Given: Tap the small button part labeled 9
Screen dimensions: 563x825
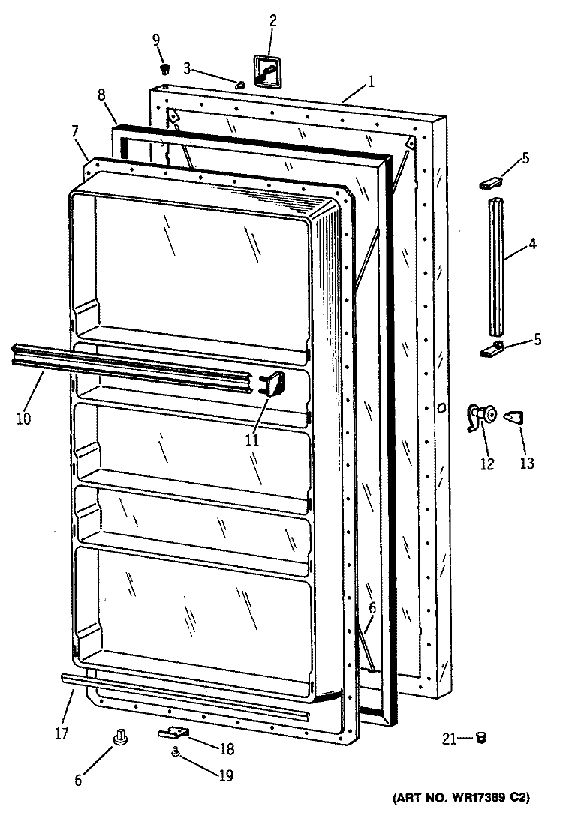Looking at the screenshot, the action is (x=166, y=67).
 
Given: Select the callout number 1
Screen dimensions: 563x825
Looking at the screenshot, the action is (x=372, y=82).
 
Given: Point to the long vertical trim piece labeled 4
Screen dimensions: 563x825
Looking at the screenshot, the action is (x=495, y=266).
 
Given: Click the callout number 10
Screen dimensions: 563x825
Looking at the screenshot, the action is (x=23, y=418).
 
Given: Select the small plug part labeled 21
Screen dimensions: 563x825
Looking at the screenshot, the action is (x=480, y=738).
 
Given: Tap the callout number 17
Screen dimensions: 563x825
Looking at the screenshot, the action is (x=62, y=733).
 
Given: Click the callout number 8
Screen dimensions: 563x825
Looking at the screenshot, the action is (x=101, y=95).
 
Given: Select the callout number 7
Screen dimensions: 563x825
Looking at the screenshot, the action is (x=74, y=130).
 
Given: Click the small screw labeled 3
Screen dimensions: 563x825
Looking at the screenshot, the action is (x=239, y=84).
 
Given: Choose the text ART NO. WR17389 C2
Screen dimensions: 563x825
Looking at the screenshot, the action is (x=461, y=797).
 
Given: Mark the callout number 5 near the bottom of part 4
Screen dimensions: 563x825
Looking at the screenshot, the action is (x=537, y=339).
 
